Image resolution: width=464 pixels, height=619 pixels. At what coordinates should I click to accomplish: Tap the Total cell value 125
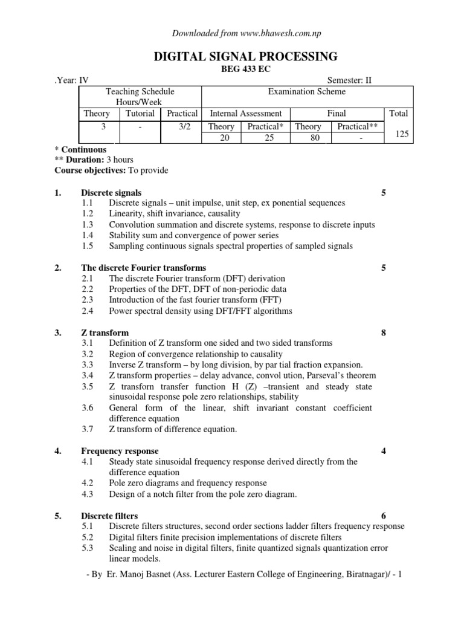(402, 134)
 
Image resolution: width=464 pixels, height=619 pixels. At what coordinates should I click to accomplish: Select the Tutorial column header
(140, 113)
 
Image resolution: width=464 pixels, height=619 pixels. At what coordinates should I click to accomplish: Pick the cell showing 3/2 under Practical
(182, 126)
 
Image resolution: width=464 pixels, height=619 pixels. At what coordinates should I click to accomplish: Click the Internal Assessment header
(245, 113)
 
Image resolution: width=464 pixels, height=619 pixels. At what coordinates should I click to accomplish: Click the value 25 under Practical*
(265, 138)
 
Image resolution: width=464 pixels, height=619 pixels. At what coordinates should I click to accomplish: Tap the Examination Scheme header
(307, 91)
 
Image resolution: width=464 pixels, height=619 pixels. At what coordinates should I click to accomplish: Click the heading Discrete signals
(112, 193)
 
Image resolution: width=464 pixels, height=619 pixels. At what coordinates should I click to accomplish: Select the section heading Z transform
(105, 332)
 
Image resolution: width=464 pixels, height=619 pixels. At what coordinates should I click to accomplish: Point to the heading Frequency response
(120, 451)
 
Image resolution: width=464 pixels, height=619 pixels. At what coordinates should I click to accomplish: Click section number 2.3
(88, 300)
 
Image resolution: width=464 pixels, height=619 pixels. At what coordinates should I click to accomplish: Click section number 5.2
(88, 537)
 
